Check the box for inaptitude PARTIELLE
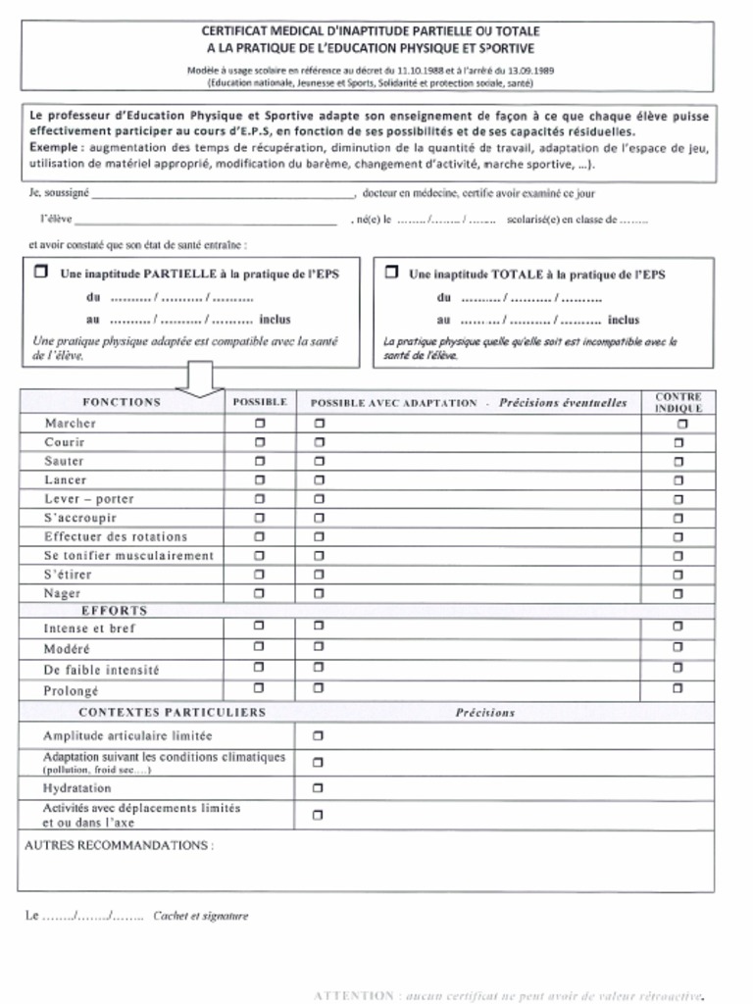40,273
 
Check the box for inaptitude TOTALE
391,273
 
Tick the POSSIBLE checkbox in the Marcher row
260,424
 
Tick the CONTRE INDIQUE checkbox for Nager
678,593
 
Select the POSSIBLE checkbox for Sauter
260,461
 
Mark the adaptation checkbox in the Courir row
319,442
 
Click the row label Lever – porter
88,499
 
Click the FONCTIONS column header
122,402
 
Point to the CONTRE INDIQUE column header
678,402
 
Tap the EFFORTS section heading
114,610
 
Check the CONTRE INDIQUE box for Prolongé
678,688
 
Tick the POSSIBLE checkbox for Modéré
260,647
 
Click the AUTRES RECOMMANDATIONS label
118,844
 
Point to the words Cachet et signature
201,916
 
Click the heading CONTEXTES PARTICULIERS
172,712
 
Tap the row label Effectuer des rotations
116,536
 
